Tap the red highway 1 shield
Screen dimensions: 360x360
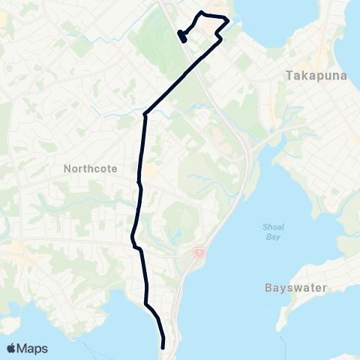[x=199, y=254]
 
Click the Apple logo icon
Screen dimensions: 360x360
[x=11, y=348]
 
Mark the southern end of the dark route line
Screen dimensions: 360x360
[x=163, y=346]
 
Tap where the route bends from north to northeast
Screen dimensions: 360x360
[x=145, y=114]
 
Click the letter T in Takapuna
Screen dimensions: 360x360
[x=289, y=75]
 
